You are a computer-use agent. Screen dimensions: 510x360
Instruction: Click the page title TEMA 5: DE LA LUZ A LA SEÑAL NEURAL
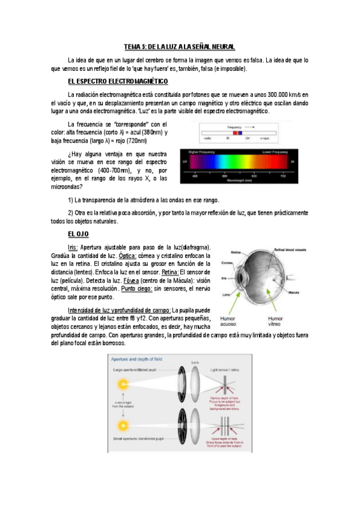tap(180, 46)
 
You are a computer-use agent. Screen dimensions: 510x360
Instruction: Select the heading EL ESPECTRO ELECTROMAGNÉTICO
tap(118, 81)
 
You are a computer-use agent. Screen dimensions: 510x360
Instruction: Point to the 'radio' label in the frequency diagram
tap(207, 138)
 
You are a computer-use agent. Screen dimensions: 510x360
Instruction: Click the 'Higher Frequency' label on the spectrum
tap(202, 152)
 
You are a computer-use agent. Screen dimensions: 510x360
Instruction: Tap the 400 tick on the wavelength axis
tap(195, 176)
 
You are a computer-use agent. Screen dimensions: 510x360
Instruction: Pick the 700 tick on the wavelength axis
tap(283, 176)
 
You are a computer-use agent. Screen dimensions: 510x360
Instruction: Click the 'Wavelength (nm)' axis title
tap(239, 180)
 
